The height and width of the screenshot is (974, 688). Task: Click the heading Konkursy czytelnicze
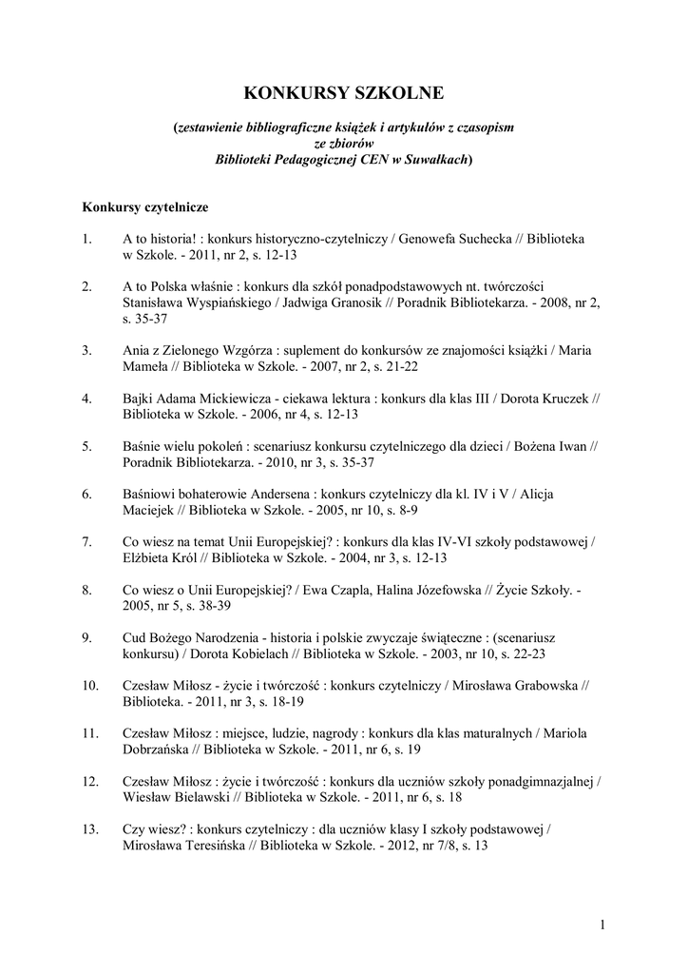click(x=145, y=205)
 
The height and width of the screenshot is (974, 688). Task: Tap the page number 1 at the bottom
click(x=603, y=924)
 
